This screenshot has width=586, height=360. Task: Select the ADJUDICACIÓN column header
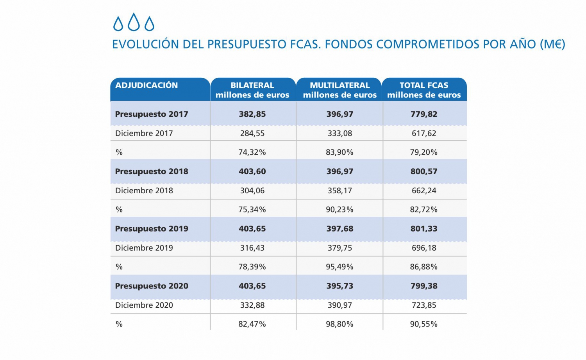pos(146,86)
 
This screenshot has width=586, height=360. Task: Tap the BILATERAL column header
pos(252,90)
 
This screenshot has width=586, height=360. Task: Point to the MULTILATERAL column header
pos(339,90)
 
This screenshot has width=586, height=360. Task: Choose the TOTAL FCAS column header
pos(424,90)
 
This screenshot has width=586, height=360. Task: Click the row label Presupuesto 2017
pos(152,114)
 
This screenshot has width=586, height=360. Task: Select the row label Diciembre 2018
pos(144,191)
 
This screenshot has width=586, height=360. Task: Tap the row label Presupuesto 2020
pos(152,286)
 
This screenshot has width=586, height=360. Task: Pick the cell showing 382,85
pos(252,114)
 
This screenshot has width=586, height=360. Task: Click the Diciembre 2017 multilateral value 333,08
pos(340,134)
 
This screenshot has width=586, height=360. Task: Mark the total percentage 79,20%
pos(424,152)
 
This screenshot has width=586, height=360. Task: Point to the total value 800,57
pos(424,171)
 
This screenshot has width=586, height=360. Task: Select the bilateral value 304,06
pos(252,191)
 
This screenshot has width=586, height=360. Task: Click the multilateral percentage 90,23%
pos(340,210)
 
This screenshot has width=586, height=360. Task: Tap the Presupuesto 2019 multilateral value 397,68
pos(340,229)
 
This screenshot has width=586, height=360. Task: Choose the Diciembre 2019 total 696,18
pos(424,248)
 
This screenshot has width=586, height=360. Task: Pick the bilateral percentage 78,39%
pos(252,267)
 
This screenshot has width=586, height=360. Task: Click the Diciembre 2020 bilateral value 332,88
pos(252,305)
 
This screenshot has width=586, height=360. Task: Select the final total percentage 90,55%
pos(424,324)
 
